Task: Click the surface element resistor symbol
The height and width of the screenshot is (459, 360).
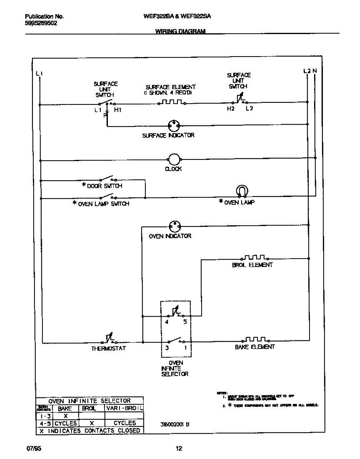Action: pyautogui.click(x=172, y=102)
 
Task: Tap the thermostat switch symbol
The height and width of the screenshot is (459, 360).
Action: pyautogui.click(x=109, y=339)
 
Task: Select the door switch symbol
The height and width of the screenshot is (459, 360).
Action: pyautogui.click(x=107, y=179)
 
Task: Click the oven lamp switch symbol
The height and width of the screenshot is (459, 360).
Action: pyautogui.click(x=107, y=197)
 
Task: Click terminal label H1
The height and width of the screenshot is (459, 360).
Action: pyautogui.click(x=118, y=110)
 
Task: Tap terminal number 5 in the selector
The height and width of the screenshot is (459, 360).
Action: pyautogui.click(x=185, y=322)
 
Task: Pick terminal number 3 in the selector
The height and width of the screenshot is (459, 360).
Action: pyautogui.click(x=167, y=348)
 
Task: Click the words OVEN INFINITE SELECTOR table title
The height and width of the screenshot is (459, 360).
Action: pyautogui.click(x=90, y=400)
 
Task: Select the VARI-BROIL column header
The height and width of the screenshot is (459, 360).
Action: pyautogui.click(x=124, y=408)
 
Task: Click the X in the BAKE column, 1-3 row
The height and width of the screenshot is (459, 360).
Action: pyautogui.click(x=65, y=416)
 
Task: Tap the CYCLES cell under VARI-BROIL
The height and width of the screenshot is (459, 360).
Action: pyautogui.click(x=125, y=423)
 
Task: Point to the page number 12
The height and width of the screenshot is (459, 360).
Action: pyautogui.click(x=179, y=449)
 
